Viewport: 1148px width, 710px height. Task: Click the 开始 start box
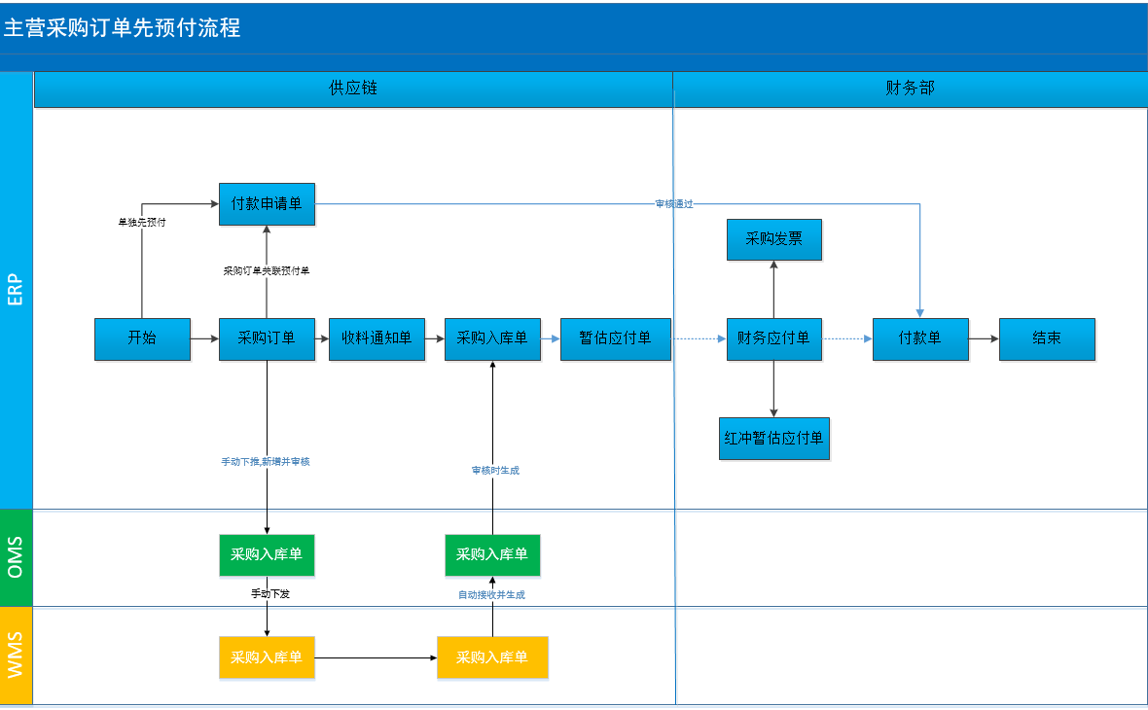(142, 338)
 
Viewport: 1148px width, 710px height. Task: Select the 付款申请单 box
(267, 203)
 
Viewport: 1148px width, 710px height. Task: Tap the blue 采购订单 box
(267, 338)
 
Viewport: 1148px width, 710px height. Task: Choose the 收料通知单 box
(377, 338)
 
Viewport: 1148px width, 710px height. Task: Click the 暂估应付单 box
(615, 338)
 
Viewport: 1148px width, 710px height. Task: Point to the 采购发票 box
(773, 239)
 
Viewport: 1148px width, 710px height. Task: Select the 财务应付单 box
(773, 338)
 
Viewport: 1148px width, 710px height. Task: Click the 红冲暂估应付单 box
(773, 439)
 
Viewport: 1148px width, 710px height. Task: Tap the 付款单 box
(920, 338)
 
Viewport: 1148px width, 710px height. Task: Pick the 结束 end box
(1047, 338)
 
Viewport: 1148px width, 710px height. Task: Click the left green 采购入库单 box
(267, 554)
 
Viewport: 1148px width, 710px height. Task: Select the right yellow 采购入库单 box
(492, 657)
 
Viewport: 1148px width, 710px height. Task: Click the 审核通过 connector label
(673, 203)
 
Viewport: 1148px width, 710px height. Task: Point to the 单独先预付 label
(142, 222)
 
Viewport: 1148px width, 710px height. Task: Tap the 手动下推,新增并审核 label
(266, 462)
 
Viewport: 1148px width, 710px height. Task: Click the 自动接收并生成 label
(491, 595)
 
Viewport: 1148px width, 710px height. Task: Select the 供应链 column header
(353, 89)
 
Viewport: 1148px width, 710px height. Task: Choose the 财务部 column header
(910, 89)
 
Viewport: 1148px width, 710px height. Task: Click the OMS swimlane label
(16, 557)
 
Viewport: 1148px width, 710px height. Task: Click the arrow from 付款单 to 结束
(984, 338)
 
